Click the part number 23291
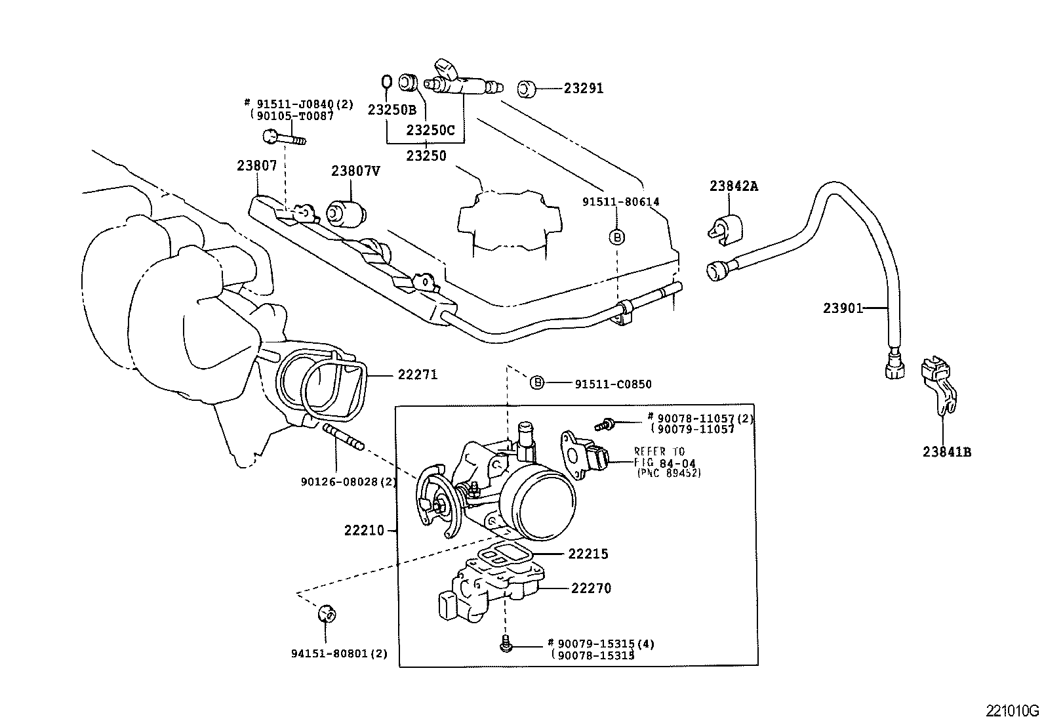[x=583, y=88]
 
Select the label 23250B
[x=391, y=110]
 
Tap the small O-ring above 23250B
[x=386, y=82]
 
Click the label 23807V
[x=355, y=171]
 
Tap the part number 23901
[x=843, y=308]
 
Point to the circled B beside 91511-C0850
[x=536, y=382]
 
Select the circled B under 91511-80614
[x=617, y=237]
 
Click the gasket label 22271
[x=417, y=375]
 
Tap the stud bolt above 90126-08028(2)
[x=342, y=438]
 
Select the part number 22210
[x=364, y=530]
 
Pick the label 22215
[x=588, y=554]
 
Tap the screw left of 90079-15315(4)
[x=505, y=645]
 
